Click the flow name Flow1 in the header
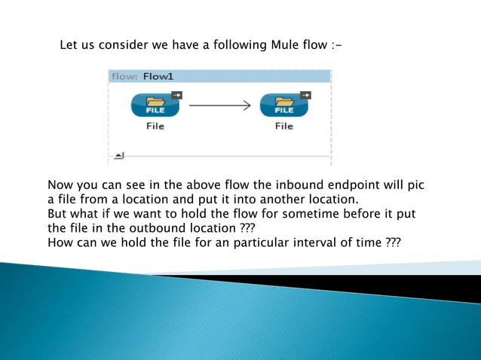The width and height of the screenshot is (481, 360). click(158, 76)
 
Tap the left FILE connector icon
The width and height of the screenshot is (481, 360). click(155, 105)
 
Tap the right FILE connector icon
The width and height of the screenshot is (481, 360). click(283, 105)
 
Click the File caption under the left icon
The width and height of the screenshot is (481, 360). click(155, 127)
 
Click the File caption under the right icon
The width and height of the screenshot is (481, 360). click(283, 127)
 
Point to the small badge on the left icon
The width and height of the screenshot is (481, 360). click(176, 94)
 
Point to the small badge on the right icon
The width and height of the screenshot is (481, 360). click(305, 94)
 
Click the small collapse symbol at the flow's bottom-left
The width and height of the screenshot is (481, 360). click(118, 156)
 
